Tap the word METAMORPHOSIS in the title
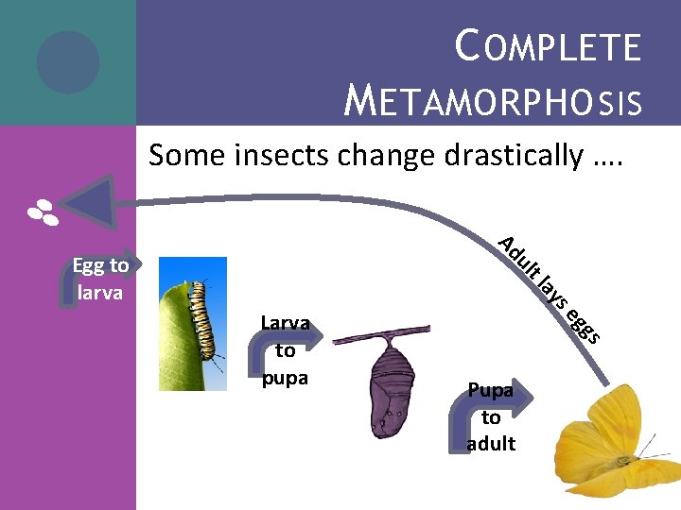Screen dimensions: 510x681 coord(493,98)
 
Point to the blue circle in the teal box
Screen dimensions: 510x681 coord(68,62)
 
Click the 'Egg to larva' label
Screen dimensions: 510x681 coord(100,279)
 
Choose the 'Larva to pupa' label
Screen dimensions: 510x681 coord(286,350)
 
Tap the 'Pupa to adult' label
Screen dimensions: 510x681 coord(491,416)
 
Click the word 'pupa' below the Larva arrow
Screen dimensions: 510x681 coord(285,376)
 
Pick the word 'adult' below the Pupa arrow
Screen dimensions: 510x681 coord(491,443)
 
